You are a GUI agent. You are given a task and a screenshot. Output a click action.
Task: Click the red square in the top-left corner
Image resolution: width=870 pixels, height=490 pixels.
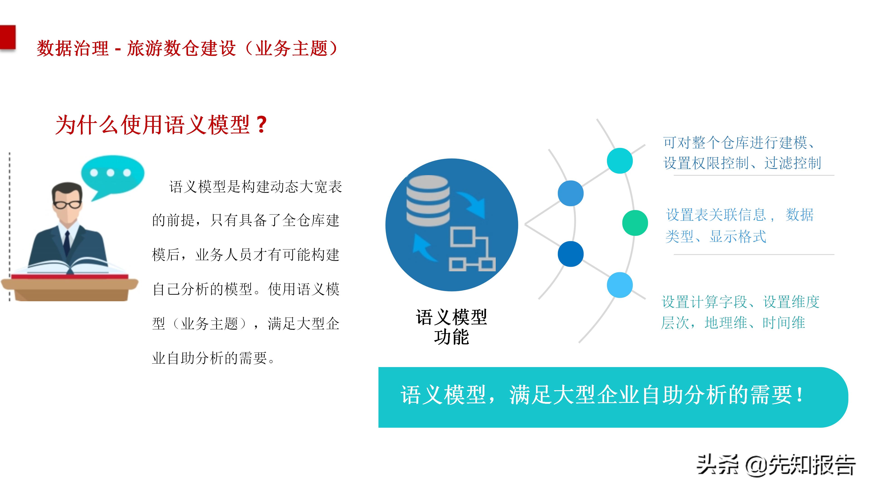7,37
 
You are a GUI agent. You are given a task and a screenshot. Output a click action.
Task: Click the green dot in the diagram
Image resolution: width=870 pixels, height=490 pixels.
635,223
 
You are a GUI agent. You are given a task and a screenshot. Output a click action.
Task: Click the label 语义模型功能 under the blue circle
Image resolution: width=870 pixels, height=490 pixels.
451,327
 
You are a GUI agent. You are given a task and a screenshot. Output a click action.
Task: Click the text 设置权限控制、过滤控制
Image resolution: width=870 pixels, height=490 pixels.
742,163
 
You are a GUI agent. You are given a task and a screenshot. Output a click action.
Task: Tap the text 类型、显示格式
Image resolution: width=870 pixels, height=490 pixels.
715,236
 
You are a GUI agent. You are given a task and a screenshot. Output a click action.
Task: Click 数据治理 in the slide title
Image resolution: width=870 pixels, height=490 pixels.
72,48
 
